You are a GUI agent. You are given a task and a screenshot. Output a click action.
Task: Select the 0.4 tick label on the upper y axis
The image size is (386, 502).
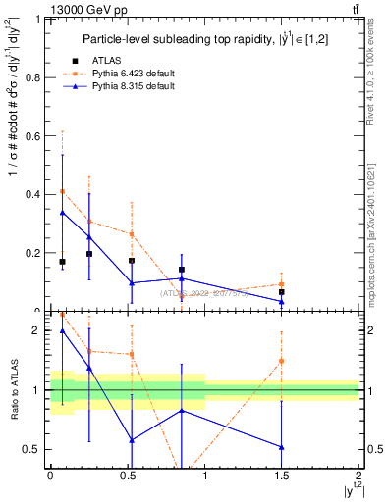click(35, 194)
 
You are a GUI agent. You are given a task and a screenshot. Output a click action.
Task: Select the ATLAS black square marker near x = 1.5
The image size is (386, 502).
click(282, 292)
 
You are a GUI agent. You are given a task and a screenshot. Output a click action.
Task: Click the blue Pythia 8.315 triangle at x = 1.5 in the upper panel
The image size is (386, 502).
click(282, 302)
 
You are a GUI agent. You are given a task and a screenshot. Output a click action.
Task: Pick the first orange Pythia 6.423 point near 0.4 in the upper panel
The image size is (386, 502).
click(63, 191)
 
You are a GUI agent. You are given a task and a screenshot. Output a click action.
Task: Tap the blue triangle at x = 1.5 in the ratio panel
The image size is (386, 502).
click(282, 447)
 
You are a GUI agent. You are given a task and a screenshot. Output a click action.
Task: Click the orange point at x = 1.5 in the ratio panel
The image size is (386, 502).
click(282, 361)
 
